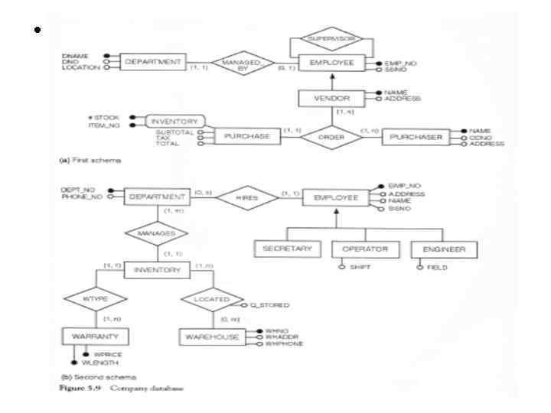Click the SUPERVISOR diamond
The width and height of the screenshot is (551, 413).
pyautogui.click(x=326, y=37)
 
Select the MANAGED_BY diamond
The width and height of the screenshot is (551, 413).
pyautogui.click(x=243, y=63)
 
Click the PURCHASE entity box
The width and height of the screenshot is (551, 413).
pyautogui.click(x=246, y=136)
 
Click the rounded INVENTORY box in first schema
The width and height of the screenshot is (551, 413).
pyautogui.click(x=170, y=122)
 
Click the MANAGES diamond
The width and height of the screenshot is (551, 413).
pyautogui.click(x=156, y=233)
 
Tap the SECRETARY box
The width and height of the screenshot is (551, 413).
pyautogui.click(x=286, y=249)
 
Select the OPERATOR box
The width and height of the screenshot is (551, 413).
pyautogui.click(x=365, y=249)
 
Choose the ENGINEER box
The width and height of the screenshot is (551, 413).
pyautogui.click(x=443, y=249)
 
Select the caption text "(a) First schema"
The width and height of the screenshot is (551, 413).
pyautogui.click(x=89, y=161)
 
